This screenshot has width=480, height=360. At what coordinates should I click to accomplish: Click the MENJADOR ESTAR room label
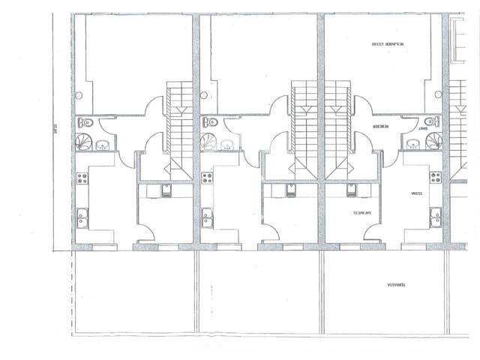[385, 44]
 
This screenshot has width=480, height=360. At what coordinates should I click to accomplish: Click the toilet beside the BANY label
[430, 121]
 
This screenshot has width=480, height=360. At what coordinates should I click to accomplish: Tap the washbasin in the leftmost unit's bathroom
[103, 145]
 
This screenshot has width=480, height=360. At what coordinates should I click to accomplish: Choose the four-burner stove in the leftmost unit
[82, 178]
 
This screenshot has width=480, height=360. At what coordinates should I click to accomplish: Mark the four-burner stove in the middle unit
[207, 178]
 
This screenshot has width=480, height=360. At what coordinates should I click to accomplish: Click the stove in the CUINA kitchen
[435, 178]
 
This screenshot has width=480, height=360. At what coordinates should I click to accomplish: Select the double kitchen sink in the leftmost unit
[82, 217]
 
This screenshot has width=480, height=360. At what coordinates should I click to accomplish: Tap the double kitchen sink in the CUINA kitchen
[435, 217]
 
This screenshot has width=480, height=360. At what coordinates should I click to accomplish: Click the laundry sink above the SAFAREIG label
[351, 190]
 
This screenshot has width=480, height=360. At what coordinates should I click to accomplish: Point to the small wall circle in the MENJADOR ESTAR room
[438, 95]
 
